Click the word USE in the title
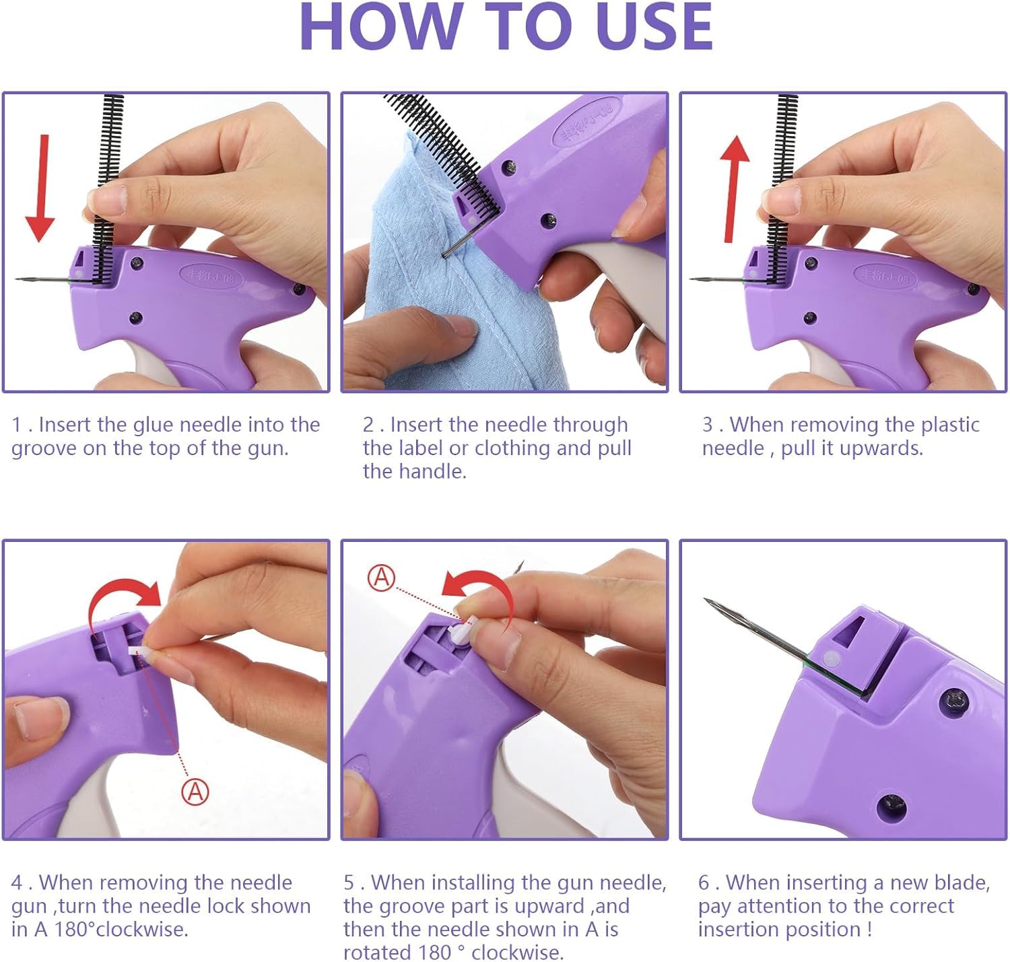click(654, 27)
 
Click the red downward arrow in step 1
click(41, 188)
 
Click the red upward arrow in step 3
click(733, 189)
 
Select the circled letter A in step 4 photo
click(195, 792)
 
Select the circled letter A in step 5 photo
click(381, 578)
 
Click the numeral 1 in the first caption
click(16, 425)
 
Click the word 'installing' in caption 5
click(473, 883)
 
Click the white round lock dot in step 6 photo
click(830, 659)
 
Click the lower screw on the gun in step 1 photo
click(135, 318)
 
